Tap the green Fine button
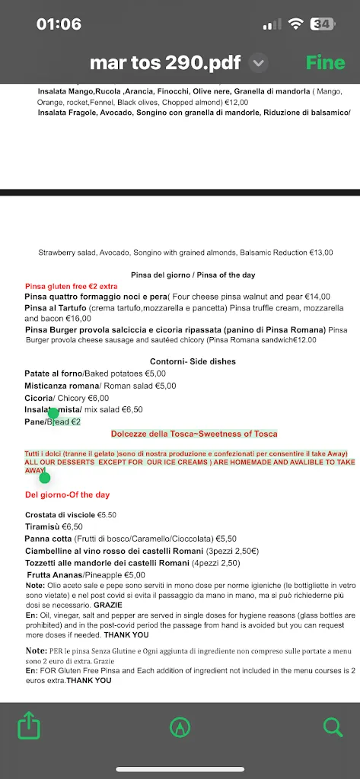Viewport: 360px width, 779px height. coord(325,62)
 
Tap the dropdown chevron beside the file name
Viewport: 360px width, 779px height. coord(259,62)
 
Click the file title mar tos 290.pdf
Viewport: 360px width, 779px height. coord(167,62)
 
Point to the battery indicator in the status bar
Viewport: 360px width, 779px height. coord(322,24)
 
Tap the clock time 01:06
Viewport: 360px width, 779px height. coord(59,24)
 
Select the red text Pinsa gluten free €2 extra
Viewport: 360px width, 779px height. coord(71,286)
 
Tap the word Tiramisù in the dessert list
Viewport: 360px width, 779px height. coord(43,526)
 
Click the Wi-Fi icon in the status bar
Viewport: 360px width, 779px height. coord(295,24)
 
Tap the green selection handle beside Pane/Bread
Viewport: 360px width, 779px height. coord(53,413)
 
